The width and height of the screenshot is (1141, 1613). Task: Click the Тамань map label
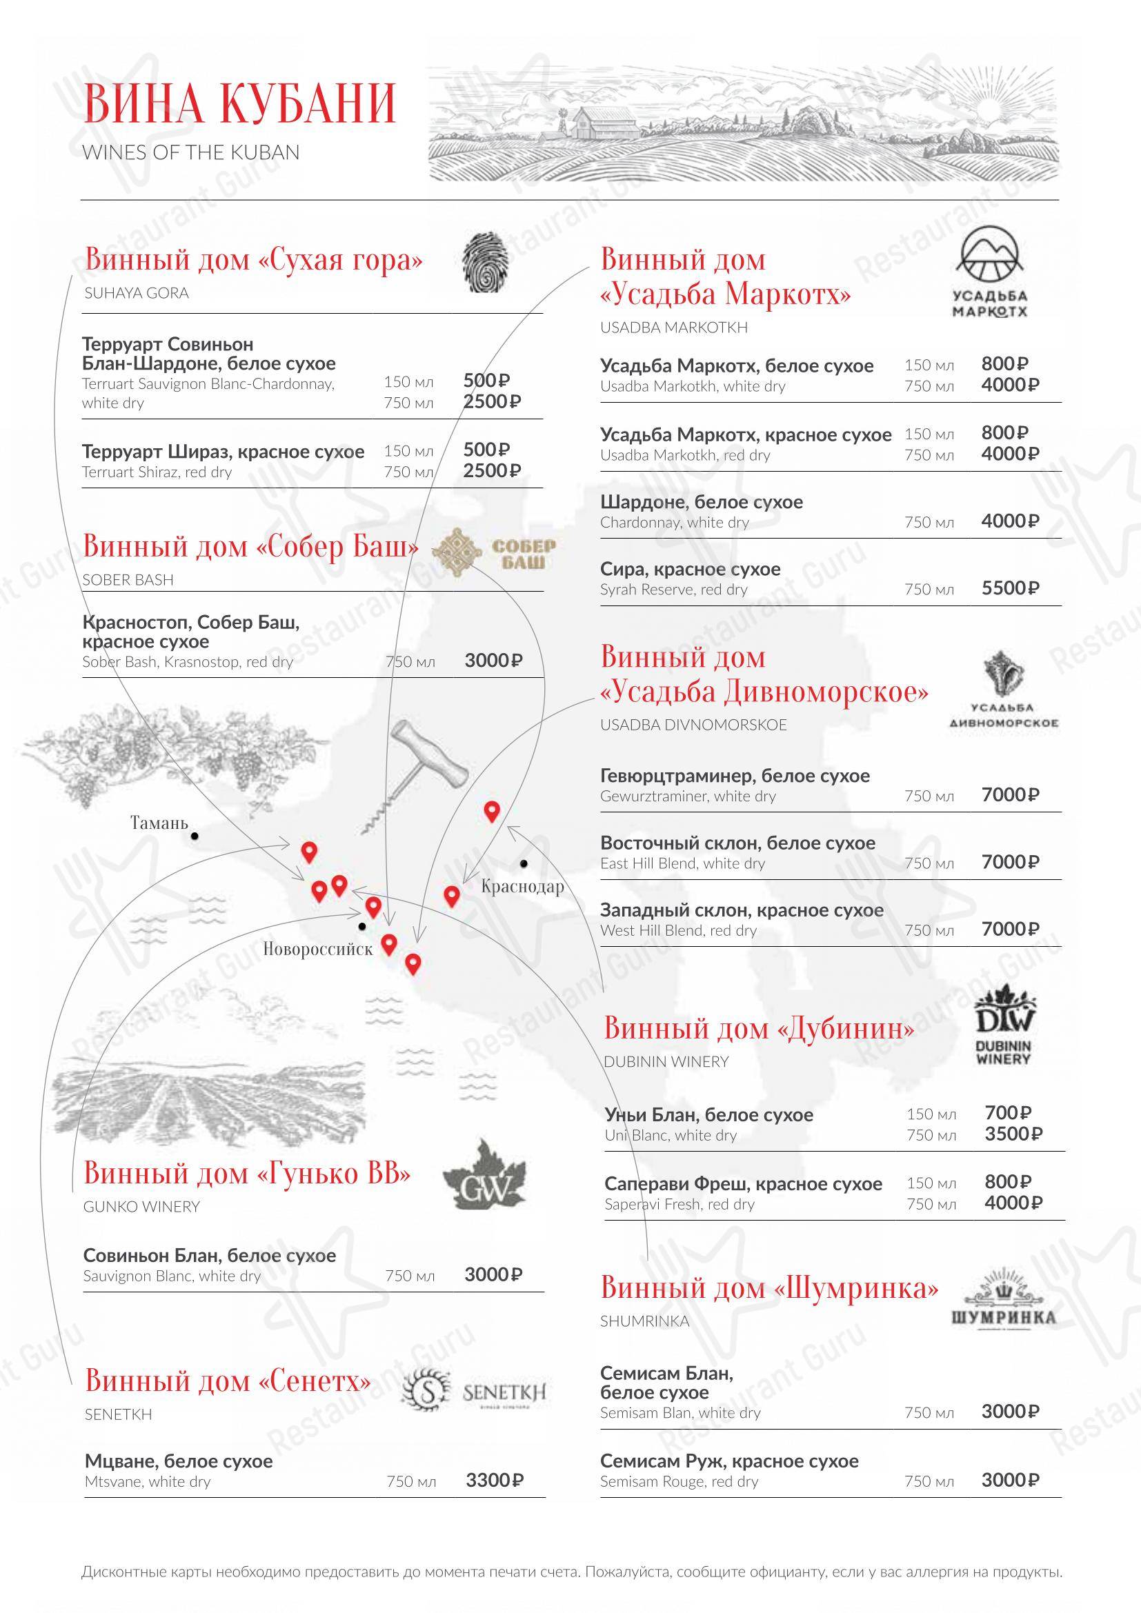159,823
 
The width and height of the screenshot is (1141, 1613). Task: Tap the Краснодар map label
523,887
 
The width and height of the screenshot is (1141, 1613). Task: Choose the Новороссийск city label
317,950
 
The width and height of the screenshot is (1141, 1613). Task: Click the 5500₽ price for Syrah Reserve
1010,589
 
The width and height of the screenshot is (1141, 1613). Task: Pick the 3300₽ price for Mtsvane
495,1481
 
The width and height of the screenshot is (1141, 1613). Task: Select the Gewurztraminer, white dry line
688,797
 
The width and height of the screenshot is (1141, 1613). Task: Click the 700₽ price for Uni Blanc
1007,1114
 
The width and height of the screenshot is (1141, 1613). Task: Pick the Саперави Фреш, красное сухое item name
743,1185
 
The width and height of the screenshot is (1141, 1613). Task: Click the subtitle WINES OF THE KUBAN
191,153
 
